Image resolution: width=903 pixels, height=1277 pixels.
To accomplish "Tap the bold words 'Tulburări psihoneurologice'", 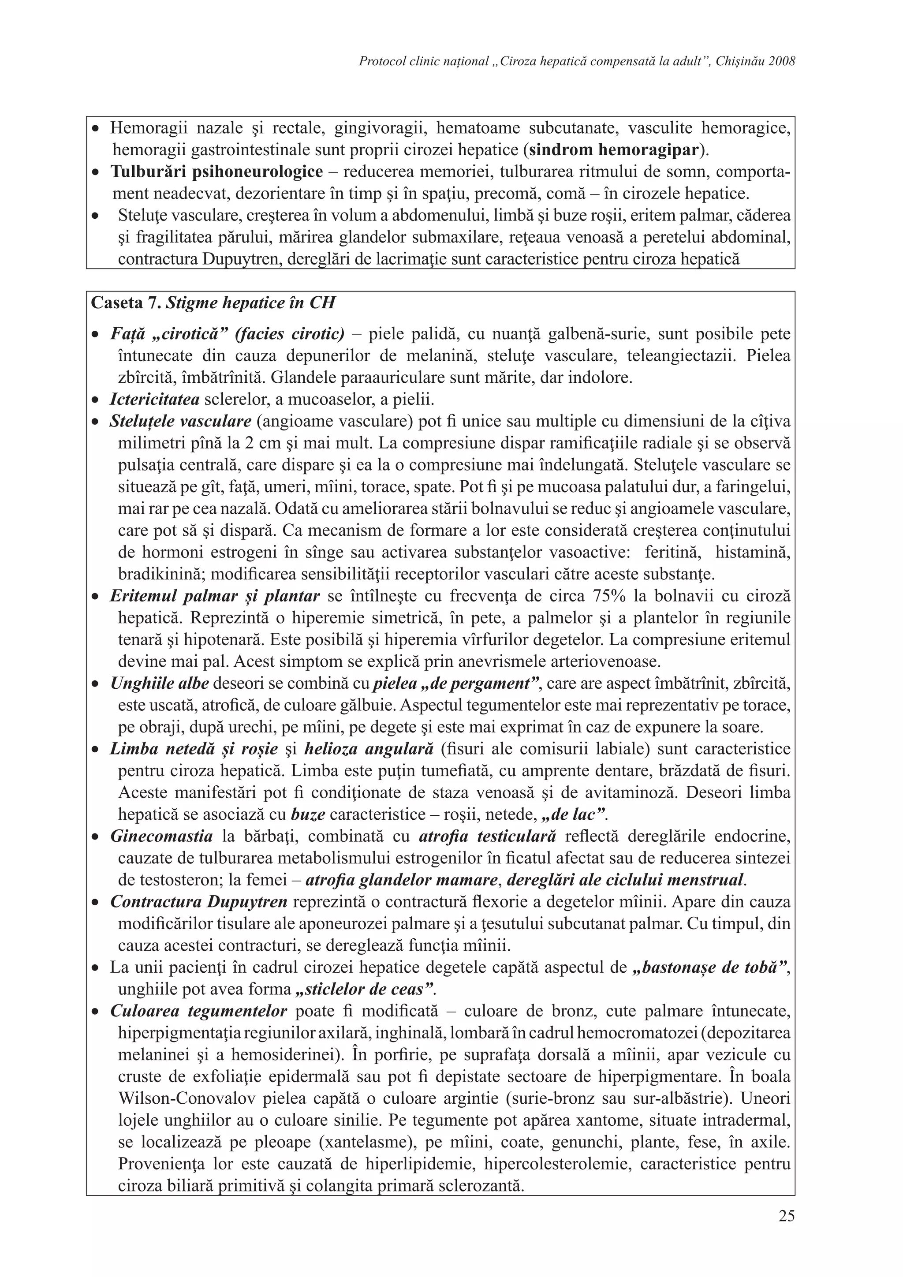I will tap(216, 172).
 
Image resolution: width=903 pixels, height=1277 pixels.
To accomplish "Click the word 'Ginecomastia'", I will tap(161, 836).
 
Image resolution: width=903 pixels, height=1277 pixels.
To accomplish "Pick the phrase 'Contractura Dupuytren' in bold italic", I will tap(198, 902).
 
